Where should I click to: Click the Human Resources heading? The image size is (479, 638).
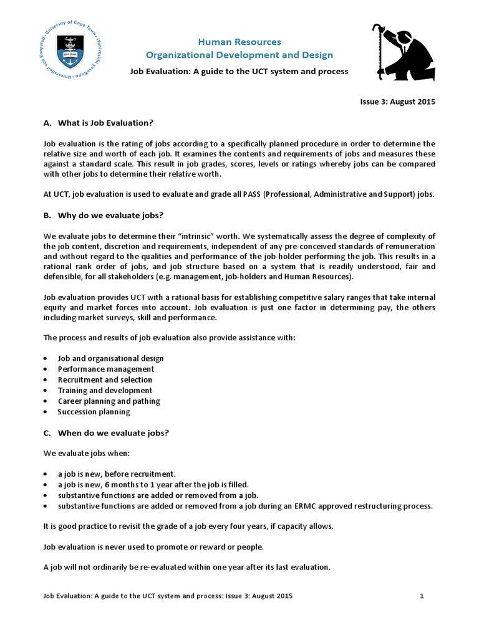(239, 42)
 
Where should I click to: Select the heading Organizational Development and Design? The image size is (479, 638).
(239, 55)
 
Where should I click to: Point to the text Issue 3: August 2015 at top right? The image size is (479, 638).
(399, 102)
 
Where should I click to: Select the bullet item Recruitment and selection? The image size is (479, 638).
(105, 379)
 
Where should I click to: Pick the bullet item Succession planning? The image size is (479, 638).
(94, 412)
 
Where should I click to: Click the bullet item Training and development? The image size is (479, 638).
(105, 390)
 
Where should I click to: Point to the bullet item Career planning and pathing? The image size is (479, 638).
(109, 401)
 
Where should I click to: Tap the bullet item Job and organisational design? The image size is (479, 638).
(110, 358)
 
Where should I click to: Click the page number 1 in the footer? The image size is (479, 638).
(422, 596)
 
